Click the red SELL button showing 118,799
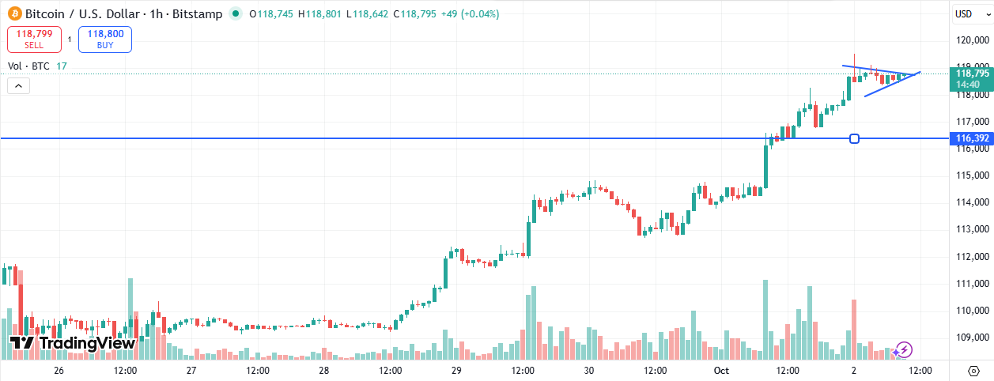pos(34,40)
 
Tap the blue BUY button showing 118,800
pos(105,40)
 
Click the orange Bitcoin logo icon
pos(14,14)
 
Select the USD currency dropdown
pos(964,13)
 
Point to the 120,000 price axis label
pos(972,40)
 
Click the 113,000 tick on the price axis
pos(972,230)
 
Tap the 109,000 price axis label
pos(972,338)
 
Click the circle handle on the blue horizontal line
pos(854,139)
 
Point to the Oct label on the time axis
pos(721,370)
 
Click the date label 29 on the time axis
pos(456,370)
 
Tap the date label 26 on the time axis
pos(59,370)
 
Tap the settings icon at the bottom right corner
pos(973,370)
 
